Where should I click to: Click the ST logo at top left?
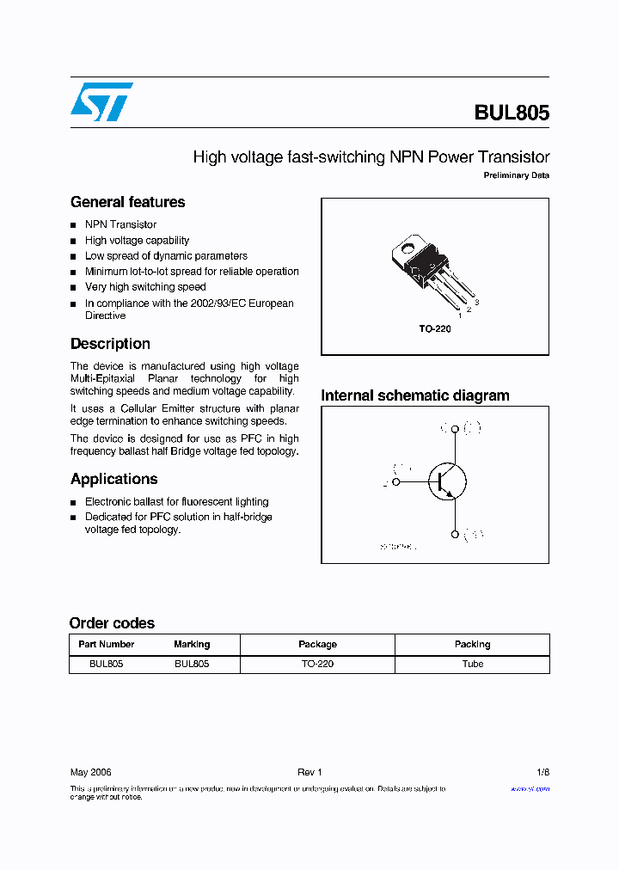tap(101, 101)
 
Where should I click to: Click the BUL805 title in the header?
tap(512, 113)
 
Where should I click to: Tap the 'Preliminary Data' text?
tap(516, 175)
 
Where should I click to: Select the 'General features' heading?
tap(127, 202)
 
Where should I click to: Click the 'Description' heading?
tap(110, 344)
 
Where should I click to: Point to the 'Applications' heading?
tap(113, 479)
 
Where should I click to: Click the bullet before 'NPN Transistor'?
tap(74, 225)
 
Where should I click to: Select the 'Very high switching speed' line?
tap(145, 287)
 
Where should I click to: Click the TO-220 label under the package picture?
tap(434, 329)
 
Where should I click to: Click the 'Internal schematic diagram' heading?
tap(414, 395)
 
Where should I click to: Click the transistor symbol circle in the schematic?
tap(447, 481)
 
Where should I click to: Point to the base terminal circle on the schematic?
tap(396, 481)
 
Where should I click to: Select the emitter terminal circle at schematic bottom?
tap(454, 535)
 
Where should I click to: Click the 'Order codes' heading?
tap(112, 623)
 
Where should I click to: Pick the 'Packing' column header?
tap(472, 644)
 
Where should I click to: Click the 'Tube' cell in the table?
tap(472, 664)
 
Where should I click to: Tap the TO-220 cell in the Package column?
tap(317, 664)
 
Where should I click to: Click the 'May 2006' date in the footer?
tap(90, 773)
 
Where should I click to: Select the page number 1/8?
tap(542, 773)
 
